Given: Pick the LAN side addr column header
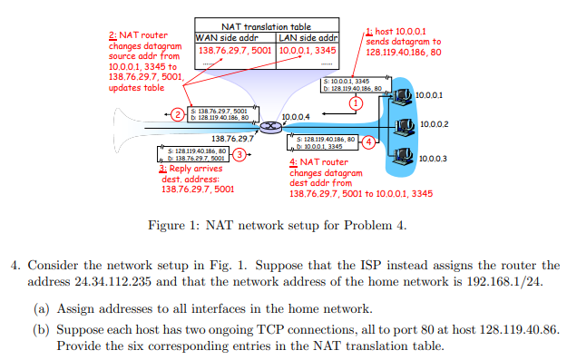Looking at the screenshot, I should point(308,38).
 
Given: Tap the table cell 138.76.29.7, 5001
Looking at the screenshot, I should point(233,51).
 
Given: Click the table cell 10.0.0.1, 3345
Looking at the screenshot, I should point(307,51).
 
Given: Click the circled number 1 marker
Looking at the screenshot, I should point(356,104).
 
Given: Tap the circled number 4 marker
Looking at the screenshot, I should point(367,141).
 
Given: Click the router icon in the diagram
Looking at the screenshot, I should point(269,124).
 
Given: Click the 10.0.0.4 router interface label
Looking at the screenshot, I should point(296,117).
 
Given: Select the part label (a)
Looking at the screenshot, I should point(42,308).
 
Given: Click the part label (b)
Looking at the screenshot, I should point(42,330).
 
